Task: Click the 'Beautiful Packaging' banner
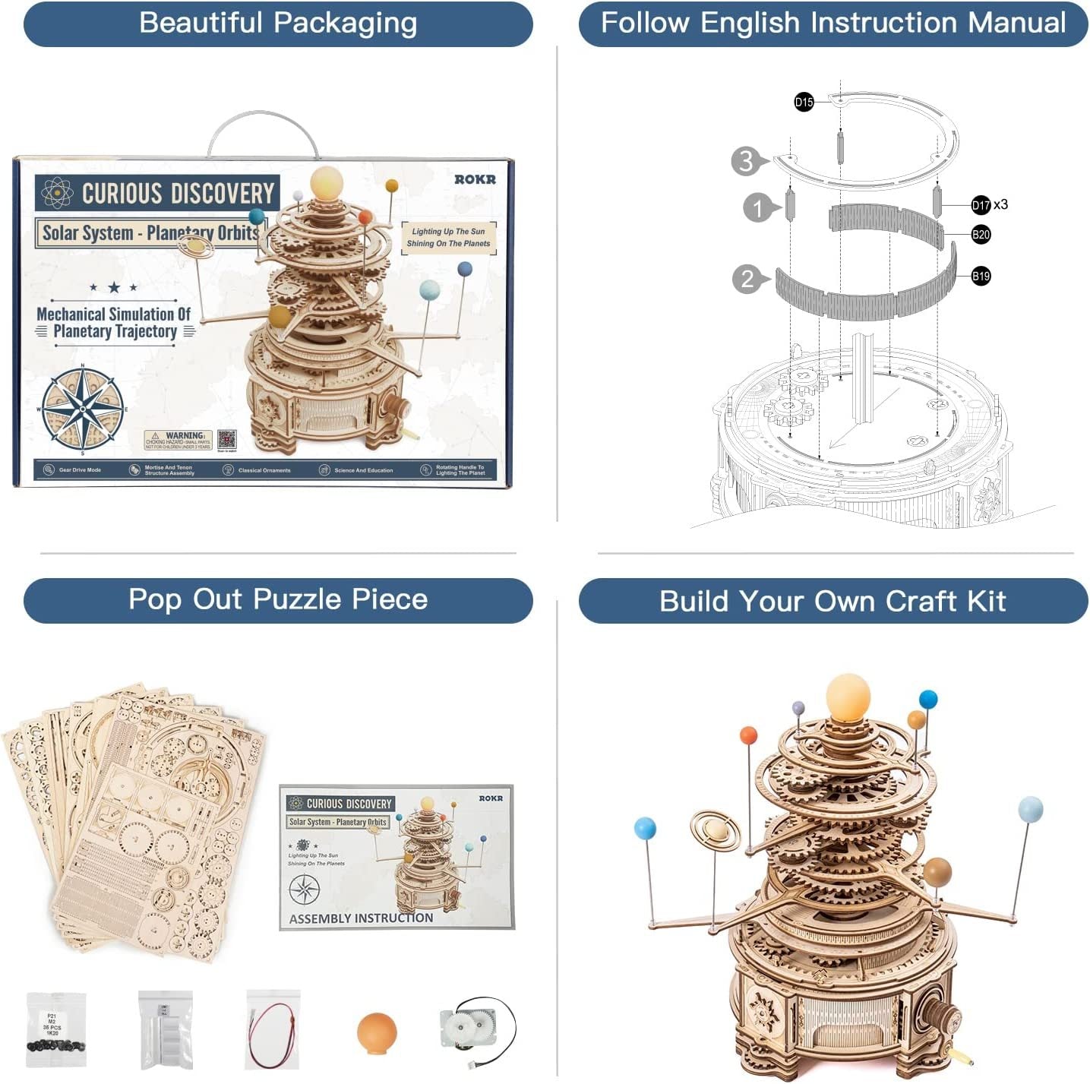pyautogui.click(x=278, y=24)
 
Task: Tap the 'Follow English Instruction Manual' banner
pyautogui.click(x=833, y=24)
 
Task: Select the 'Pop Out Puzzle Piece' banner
pyautogui.click(x=278, y=600)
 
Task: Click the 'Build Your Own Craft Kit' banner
pyautogui.click(x=833, y=602)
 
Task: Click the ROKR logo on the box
pyautogui.click(x=475, y=179)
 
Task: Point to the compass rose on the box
pyautogui.click(x=83, y=409)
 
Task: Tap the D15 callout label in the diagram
pyautogui.click(x=804, y=102)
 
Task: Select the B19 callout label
pyautogui.click(x=981, y=276)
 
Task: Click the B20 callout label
pyautogui.click(x=981, y=234)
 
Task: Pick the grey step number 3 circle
pyautogui.click(x=747, y=161)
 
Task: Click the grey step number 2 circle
pyautogui.click(x=747, y=279)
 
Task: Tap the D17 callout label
pyautogui.click(x=981, y=204)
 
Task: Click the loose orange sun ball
pyautogui.click(x=377, y=1033)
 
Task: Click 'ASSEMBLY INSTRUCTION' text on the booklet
pyautogui.click(x=361, y=918)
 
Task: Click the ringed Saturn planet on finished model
pyautogui.click(x=715, y=830)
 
